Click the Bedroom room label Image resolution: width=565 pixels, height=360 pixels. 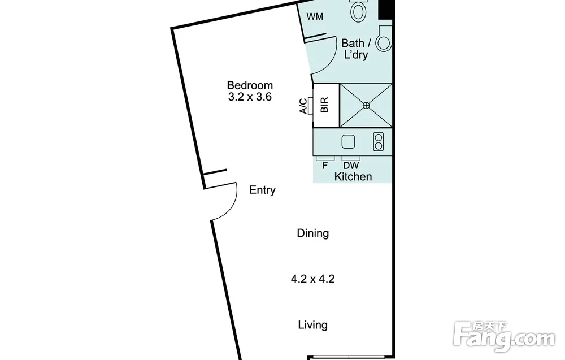(250, 85)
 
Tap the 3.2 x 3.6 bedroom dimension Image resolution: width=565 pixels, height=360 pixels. (250, 97)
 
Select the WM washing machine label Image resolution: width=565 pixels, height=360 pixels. (315, 16)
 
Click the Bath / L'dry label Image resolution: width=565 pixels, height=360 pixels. (356, 49)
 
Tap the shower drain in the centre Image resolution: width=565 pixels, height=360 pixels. (366, 105)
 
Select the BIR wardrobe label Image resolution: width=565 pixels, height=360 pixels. (325, 105)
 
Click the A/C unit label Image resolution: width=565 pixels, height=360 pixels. (303, 106)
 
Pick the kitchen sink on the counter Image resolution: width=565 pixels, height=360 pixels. (348, 142)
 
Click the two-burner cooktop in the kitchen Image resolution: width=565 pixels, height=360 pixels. (379, 141)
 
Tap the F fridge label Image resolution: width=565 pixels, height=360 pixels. (325, 166)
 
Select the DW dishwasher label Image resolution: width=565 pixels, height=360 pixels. (351, 166)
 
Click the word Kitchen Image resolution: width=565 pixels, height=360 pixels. (353, 176)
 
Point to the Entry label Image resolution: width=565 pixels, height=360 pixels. (262, 190)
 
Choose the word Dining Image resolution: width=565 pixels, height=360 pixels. (313, 233)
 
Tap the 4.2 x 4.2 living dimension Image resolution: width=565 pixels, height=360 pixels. (313, 279)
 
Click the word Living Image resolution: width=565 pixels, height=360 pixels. (313, 325)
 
